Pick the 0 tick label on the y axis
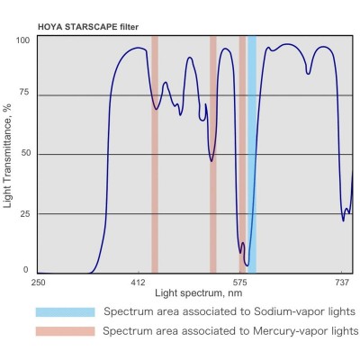coord(26,269)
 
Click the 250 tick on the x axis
coord(39,283)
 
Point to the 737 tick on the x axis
coord(342,283)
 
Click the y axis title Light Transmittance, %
coord(8,155)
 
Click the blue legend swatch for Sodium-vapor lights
coord(65,311)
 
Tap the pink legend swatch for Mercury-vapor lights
coord(65,331)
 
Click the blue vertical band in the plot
coord(252,153)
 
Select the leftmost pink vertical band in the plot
coord(155,153)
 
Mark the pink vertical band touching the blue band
coord(243,153)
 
